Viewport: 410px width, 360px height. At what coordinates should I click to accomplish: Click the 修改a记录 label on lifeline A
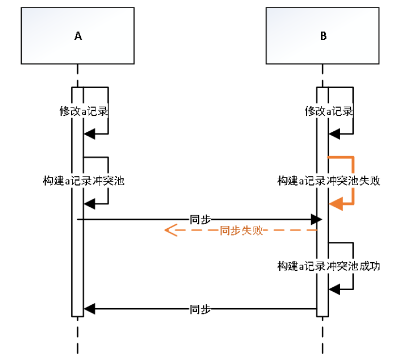pyautogui.click(x=83, y=111)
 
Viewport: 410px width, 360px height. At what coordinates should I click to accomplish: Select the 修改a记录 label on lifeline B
pyautogui.click(x=329, y=111)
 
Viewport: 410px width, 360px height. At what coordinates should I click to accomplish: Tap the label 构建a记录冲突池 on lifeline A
pyautogui.click(x=83, y=181)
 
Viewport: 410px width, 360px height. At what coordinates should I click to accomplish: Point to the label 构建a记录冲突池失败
pyautogui.click(x=329, y=181)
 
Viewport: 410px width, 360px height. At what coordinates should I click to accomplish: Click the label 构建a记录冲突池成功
pyautogui.click(x=329, y=266)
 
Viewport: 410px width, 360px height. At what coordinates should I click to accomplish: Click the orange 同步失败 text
pyautogui.click(x=241, y=230)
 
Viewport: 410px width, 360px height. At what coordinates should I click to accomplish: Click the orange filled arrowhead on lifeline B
pyautogui.click(x=335, y=204)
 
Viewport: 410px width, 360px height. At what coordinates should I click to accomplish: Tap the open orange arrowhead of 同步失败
pyautogui.click(x=170, y=230)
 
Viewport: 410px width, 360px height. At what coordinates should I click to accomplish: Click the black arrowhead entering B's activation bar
pyautogui.click(x=316, y=219)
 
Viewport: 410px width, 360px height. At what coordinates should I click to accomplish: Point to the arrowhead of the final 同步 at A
pyautogui.click(x=89, y=309)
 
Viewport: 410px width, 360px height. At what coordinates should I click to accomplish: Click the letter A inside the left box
pyautogui.click(x=78, y=36)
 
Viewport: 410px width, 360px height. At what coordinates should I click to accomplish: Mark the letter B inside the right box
pyautogui.click(x=323, y=36)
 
